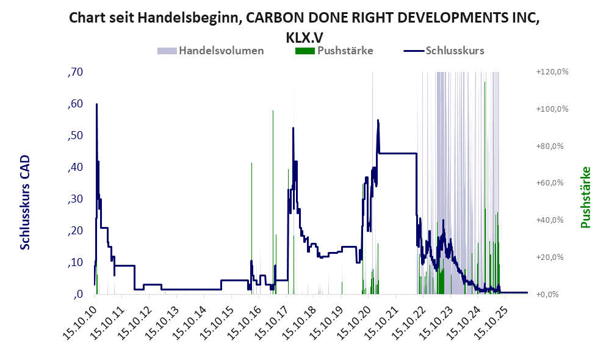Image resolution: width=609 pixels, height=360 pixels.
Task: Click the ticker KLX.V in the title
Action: tap(304, 37)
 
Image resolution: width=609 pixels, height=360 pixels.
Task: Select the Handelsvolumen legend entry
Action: tap(211, 51)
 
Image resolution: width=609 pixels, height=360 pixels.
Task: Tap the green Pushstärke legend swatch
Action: tap(305, 51)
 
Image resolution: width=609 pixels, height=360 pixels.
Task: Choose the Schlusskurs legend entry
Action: tap(444, 51)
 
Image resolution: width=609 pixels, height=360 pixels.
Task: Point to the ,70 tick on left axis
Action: tap(75, 72)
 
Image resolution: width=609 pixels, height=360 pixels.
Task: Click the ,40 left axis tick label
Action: tap(75, 167)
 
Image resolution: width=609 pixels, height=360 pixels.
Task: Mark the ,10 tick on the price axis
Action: tap(75, 262)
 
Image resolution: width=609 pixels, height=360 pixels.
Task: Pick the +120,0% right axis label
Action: tap(552, 72)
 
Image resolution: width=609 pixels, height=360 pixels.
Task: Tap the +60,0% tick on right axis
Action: tap(550, 183)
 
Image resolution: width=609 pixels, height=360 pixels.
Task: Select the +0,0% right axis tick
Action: tap(547, 294)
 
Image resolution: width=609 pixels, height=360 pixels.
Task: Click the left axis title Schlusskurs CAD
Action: tap(25, 203)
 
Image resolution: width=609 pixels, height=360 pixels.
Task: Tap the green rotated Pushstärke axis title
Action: tap(585, 197)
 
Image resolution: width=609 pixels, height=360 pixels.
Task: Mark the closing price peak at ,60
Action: tap(96, 104)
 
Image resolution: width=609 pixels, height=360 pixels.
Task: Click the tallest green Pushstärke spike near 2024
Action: tap(485, 82)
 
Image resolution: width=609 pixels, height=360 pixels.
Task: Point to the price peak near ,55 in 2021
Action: tap(378, 120)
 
